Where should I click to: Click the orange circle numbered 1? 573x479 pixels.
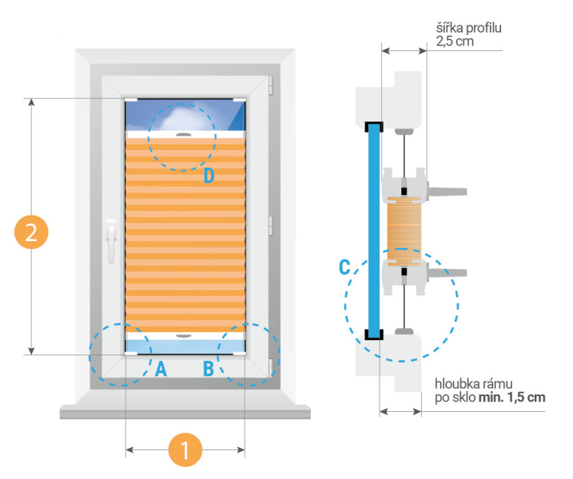185,450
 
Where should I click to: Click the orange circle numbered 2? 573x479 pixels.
31,232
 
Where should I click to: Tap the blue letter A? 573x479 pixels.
161,369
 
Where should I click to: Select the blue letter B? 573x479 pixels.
208,369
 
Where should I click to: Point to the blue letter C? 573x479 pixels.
345,267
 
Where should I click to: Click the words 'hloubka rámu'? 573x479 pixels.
472,382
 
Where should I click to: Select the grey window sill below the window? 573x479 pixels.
185,411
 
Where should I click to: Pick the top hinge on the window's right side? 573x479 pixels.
271,81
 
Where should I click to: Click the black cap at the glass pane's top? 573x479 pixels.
373,126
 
